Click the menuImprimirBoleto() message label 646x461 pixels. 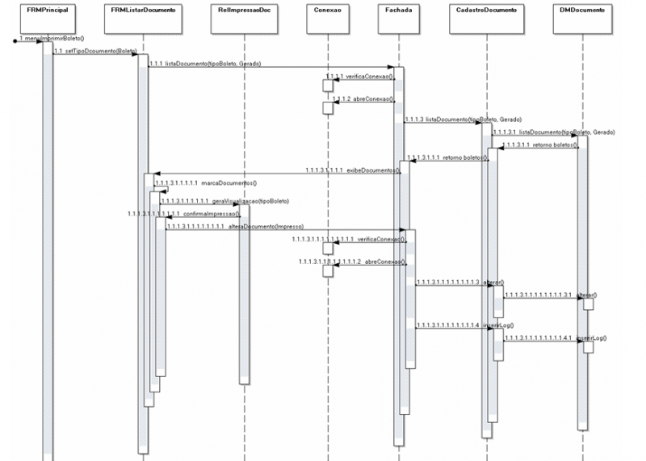coord(52,38)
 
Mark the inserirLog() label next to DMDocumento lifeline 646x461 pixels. coord(591,337)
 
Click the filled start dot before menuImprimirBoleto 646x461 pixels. coord(15,40)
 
